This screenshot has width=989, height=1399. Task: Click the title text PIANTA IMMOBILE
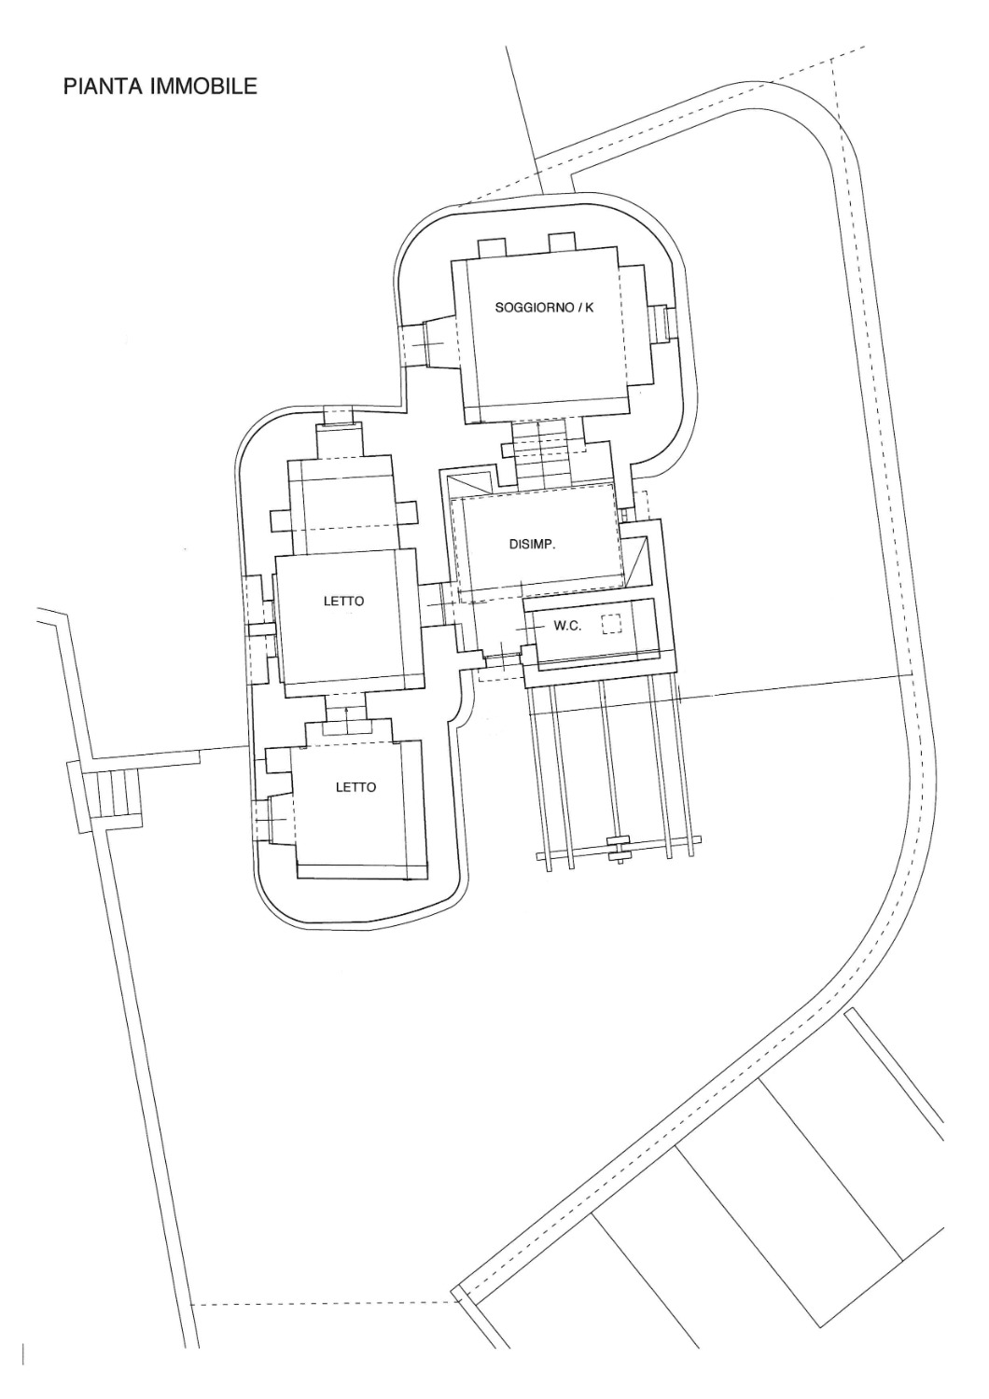(x=160, y=86)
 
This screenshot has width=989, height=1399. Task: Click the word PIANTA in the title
(x=104, y=86)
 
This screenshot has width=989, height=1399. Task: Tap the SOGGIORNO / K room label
(x=544, y=307)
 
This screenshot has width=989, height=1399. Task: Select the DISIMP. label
(x=533, y=544)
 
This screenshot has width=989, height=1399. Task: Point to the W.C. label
(x=567, y=626)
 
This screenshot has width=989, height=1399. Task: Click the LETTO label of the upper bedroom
(x=343, y=602)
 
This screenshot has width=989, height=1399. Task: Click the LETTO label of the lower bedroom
(x=356, y=787)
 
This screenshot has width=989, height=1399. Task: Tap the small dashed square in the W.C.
(x=611, y=625)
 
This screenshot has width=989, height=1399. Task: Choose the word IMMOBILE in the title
(x=203, y=86)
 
